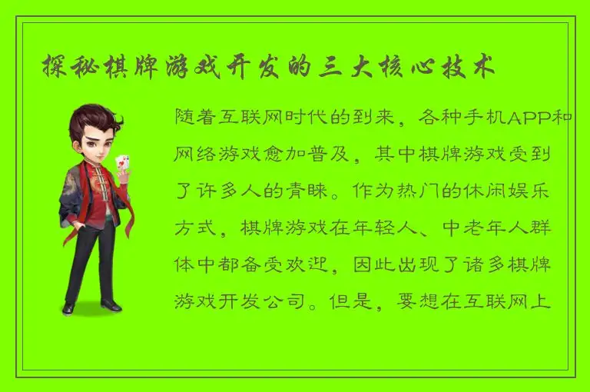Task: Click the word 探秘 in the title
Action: tap(63, 67)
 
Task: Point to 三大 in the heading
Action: tap(341, 67)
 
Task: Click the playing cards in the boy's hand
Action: tap(122, 164)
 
